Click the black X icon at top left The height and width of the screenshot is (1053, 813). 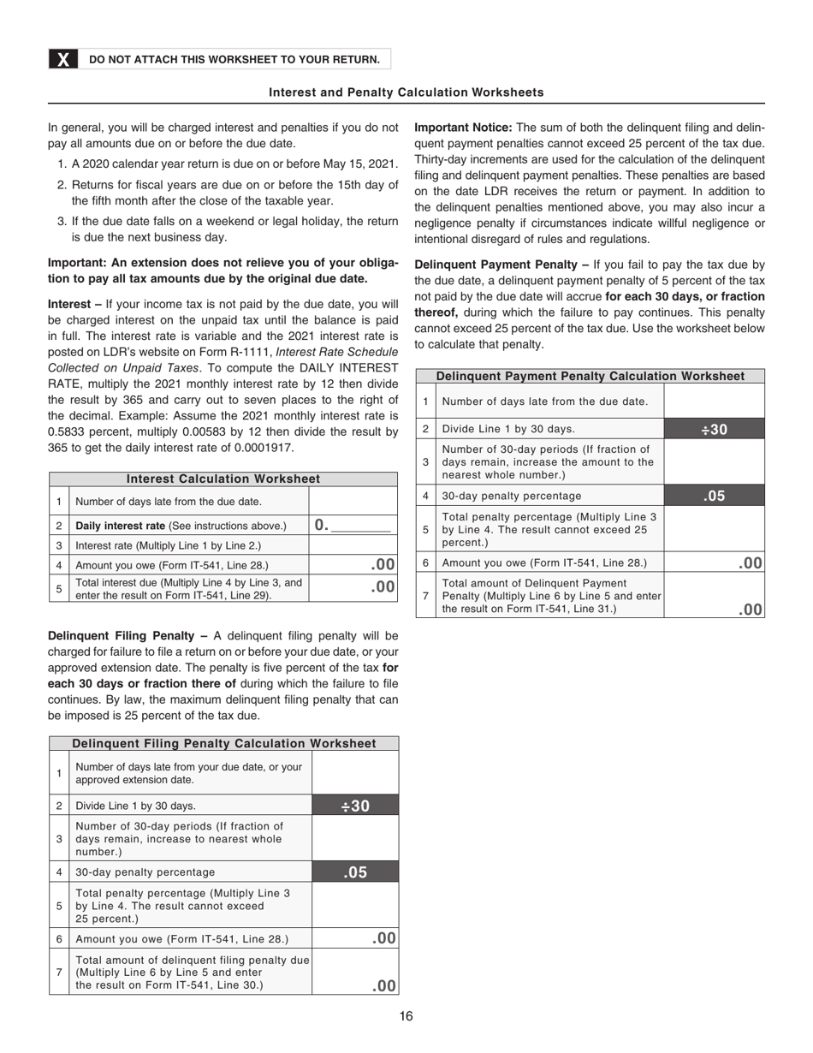click(x=63, y=59)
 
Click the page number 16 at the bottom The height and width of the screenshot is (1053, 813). click(x=406, y=1017)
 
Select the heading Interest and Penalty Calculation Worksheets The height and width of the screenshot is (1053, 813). click(x=406, y=92)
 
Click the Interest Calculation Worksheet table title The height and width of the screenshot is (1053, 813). click(x=223, y=479)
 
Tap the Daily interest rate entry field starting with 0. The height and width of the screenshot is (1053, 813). click(x=353, y=525)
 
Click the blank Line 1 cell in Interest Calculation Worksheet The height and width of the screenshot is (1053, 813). click(x=353, y=502)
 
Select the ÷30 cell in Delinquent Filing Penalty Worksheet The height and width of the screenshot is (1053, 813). click(x=355, y=806)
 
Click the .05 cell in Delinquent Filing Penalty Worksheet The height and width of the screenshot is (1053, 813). click(x=355, y=872)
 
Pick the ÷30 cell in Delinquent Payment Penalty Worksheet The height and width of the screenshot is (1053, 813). click(x=714, y=429)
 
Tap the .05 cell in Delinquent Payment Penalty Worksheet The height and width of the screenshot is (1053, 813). click(x=714, y=496)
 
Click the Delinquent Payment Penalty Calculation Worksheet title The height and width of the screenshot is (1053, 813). click(x=590, y=377)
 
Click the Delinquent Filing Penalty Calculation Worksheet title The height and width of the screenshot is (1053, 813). click(x=224, y=744)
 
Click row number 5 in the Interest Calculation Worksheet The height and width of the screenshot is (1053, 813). click(x=59, y=588)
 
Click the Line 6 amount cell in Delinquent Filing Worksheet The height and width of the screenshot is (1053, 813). click(x=355, y=938)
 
